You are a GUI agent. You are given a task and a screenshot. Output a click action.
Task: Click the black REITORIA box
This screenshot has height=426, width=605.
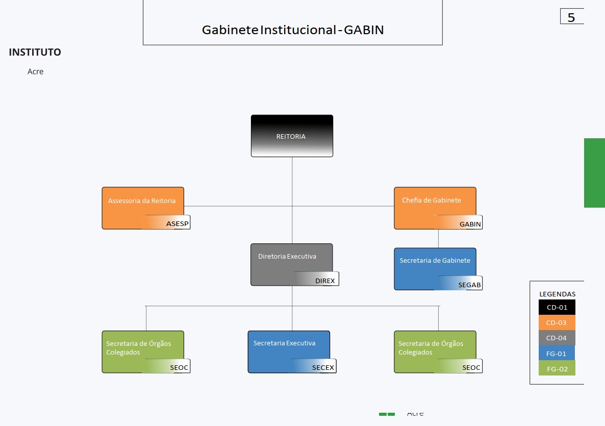tap(292, 136)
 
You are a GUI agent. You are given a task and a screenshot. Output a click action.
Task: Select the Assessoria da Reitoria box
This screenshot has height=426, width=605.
tap(143, 204)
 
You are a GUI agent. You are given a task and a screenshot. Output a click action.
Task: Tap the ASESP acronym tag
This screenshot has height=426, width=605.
tap(177, 224)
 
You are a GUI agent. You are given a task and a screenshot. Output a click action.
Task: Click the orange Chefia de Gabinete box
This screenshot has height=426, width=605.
tap(435, 204)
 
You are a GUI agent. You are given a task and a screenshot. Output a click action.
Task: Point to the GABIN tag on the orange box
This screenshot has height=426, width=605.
tap(470, 224)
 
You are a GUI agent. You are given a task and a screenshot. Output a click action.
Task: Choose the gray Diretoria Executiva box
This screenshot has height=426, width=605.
tap(291, 261)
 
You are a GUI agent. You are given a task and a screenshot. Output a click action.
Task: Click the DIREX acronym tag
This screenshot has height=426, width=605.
tap(325, 281)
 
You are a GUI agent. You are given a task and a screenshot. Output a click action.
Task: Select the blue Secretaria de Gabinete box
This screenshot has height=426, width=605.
tap(435, 265)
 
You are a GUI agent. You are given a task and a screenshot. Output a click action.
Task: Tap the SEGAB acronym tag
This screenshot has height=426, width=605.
tap(470, 285)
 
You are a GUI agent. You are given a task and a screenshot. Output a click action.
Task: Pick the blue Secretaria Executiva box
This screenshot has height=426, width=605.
tap(289, 348)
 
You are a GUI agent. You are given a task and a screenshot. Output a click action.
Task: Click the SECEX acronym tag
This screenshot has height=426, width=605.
tap(323, 367)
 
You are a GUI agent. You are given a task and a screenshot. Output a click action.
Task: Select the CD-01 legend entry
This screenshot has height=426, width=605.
tap(557, 307)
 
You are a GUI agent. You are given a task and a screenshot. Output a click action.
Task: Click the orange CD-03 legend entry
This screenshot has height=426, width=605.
tap(557, 322)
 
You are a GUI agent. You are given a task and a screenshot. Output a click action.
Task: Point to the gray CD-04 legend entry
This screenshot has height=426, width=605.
tap(557, 338)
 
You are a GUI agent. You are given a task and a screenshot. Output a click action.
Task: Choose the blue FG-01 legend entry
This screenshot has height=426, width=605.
tap(557, 353)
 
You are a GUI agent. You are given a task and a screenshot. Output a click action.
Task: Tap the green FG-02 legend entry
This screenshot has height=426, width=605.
tap(557, 368)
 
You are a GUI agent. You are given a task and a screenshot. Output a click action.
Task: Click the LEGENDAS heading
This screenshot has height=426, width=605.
tap(557, 294)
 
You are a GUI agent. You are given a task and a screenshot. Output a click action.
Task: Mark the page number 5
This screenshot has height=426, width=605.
tap(571, 17)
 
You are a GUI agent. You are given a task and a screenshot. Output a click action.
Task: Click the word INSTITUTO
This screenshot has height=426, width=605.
tap(35, 52)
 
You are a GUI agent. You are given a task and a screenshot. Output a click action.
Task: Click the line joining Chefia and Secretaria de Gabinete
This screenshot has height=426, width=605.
tap(438, 239)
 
